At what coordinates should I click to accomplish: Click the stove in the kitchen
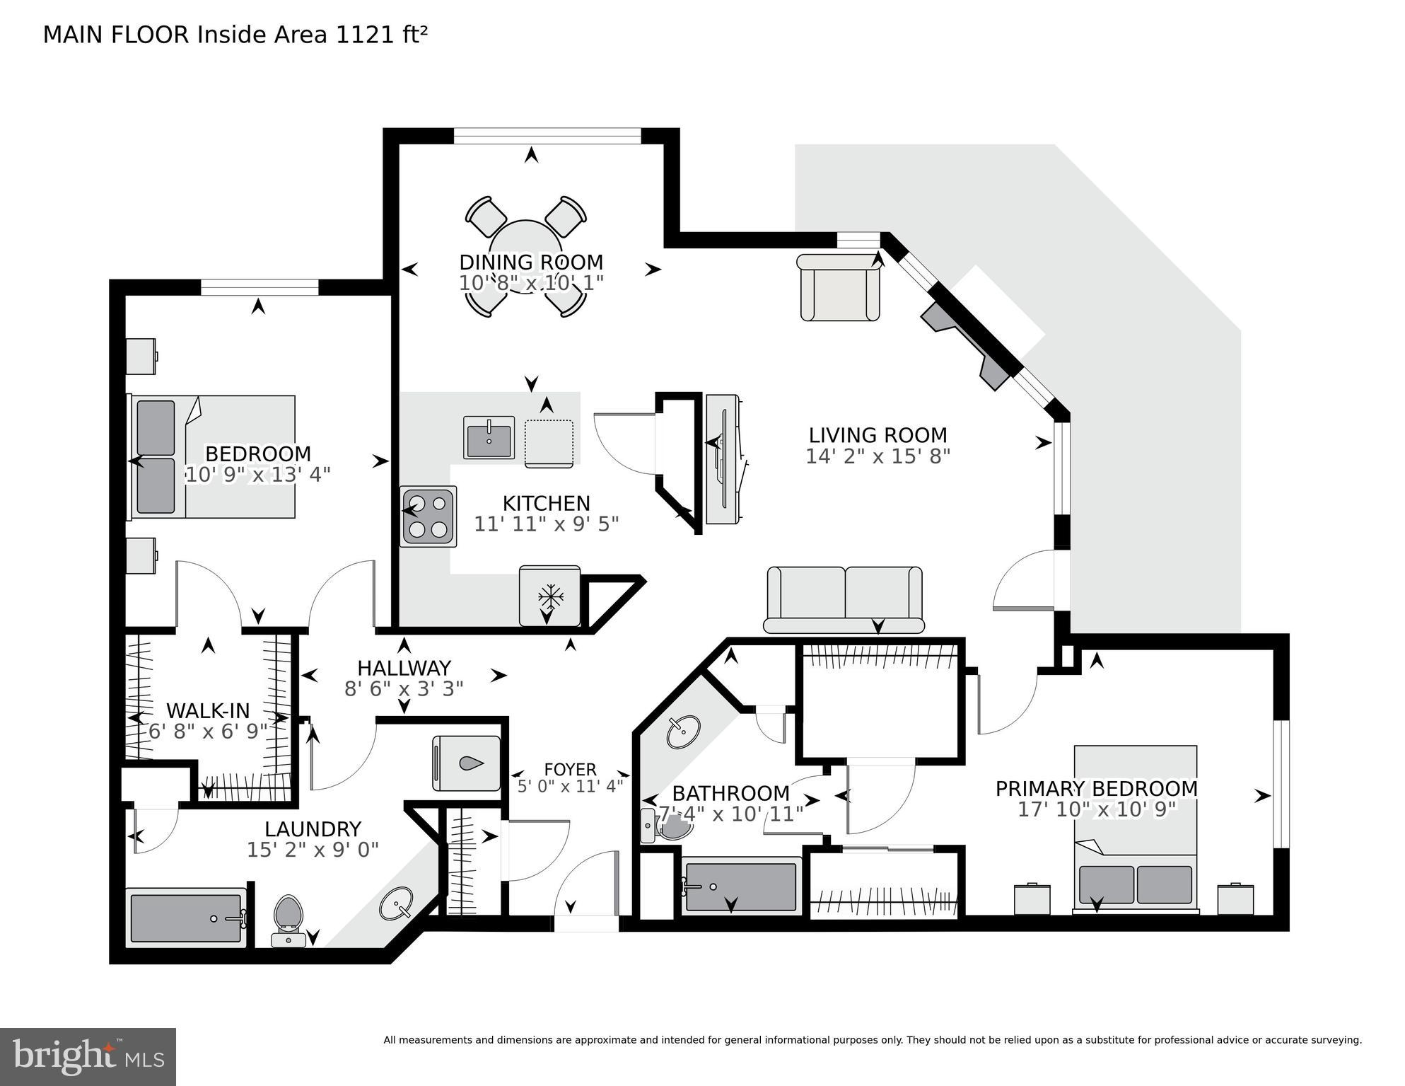429,516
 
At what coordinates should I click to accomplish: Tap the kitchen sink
489,437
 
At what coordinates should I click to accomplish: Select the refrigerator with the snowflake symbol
549,596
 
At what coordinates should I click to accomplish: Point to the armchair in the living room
839,289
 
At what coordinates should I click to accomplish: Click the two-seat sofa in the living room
844,599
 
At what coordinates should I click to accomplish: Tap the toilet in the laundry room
288,918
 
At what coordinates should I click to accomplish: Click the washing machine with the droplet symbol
467,763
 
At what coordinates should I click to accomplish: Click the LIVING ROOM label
878,434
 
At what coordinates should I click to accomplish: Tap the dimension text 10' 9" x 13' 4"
258,474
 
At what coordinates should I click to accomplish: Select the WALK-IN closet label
208,710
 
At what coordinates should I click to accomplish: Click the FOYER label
570,769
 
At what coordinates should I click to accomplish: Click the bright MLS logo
88,1056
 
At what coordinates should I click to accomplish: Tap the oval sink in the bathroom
683,732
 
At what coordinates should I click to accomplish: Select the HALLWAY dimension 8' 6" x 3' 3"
404,688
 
